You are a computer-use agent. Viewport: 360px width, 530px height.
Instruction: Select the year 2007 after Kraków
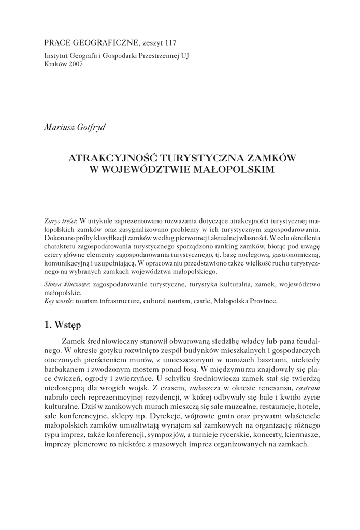point(74,65)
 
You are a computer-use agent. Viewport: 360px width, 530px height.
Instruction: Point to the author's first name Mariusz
point(57,127)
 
